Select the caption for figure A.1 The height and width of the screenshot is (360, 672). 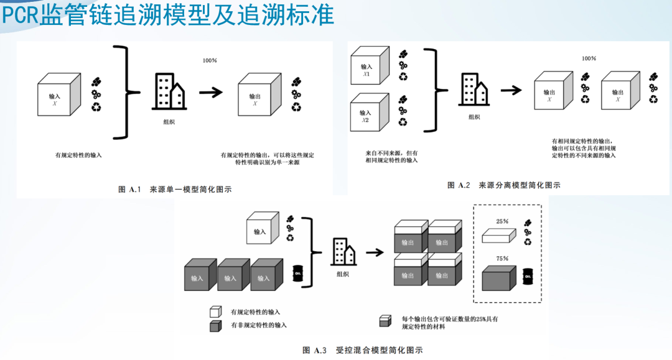pyautogui.click(x=175, y=190)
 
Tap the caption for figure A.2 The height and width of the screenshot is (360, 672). pyautogui.click(x=504, y=185)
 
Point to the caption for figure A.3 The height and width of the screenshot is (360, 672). pyautogui.click(x=362, y=350)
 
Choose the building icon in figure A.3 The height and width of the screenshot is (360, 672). pyautogui.click(x=343, y=252)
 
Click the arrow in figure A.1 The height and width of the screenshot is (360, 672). pyautogui.click(x=211, y=92)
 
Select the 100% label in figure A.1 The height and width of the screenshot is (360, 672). pyautogui.click(x=210, y=60)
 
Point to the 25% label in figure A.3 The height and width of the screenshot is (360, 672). pyautogui.click(x=502, y=221)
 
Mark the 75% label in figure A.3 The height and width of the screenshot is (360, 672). pyautogui.click(x=502, y=258)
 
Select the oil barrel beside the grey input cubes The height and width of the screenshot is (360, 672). pyautogui.click(x=298, y=274)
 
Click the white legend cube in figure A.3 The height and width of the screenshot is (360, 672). pyautogui.click(x=215, y=311)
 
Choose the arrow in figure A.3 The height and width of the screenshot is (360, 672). pyautogui.click(x=374, y=253)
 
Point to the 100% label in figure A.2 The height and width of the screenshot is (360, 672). pyautogui.click(x=589, y=58)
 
